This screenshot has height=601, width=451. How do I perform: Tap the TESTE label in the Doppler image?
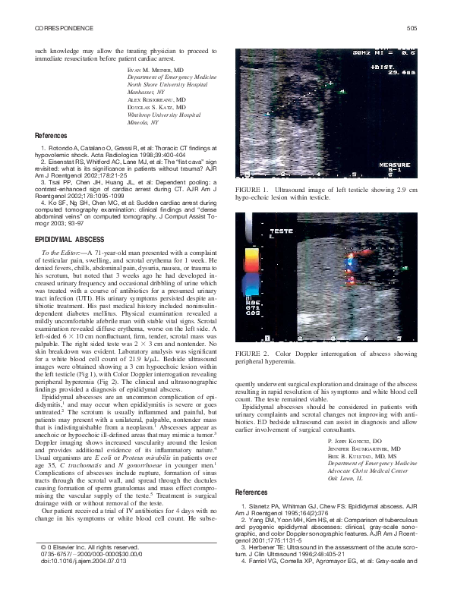coord(282,230)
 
